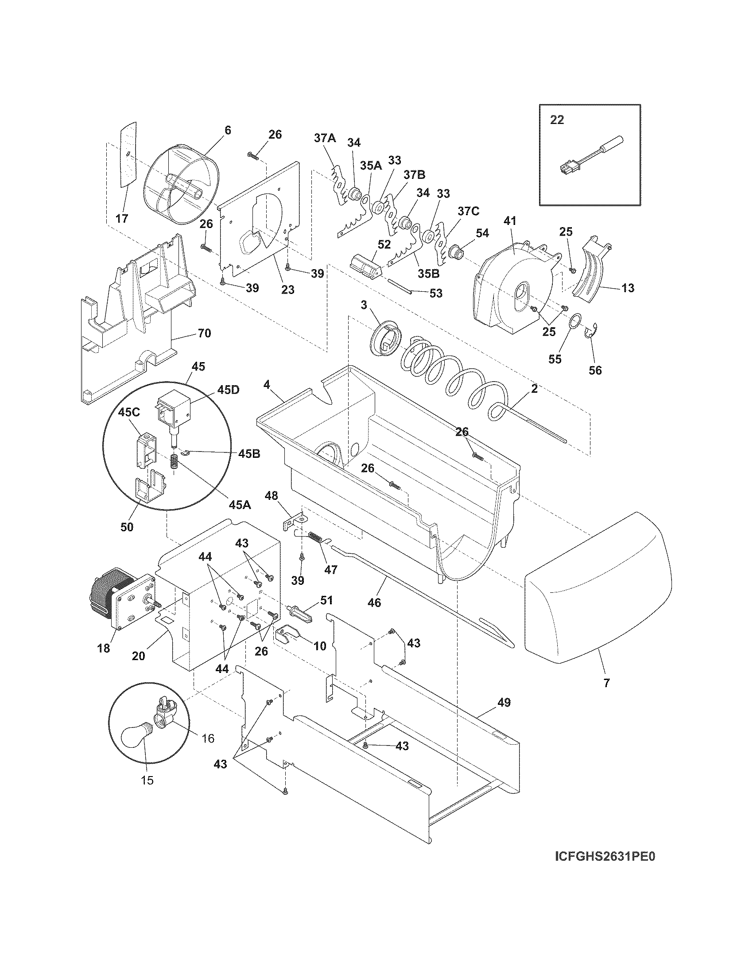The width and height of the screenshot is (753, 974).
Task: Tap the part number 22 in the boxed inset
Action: coord(557,120)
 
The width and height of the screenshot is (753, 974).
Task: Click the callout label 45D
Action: coord(228,389)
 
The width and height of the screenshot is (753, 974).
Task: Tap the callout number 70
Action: coord(204,332)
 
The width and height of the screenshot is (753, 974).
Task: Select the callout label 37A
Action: coord(325,138)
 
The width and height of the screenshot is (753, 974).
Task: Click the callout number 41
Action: coord(509,221)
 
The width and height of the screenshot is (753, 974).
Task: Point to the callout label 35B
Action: coord(429,273)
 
